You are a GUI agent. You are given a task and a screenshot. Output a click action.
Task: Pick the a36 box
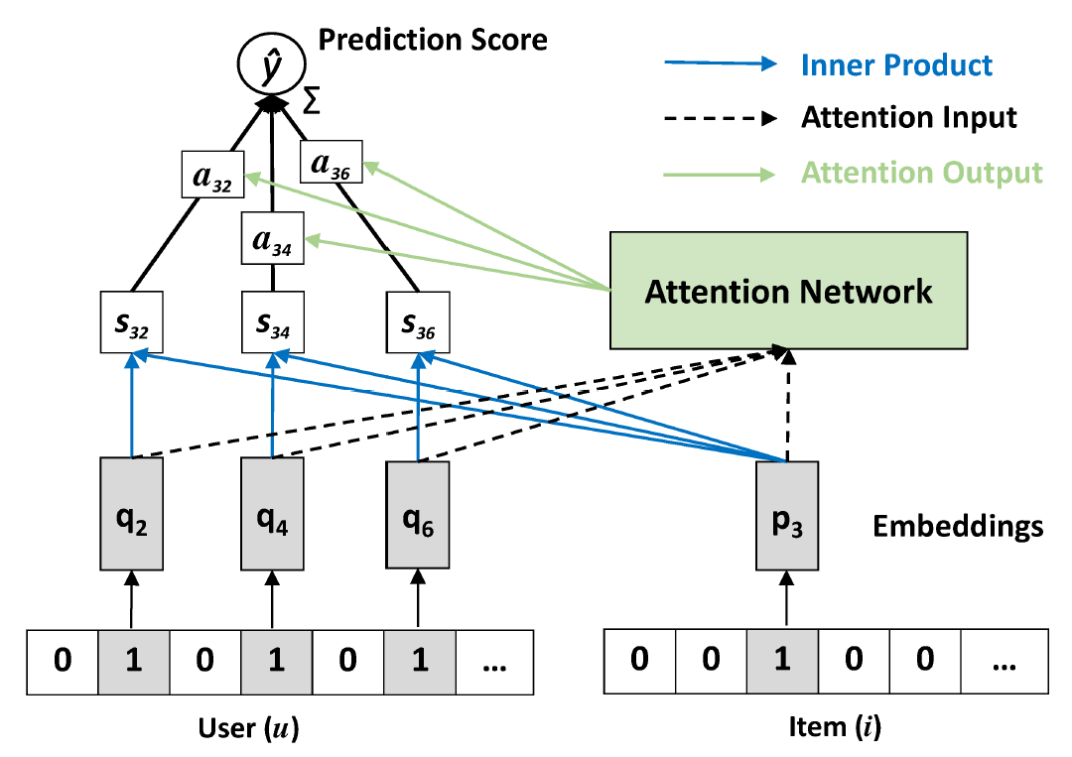(332, 163)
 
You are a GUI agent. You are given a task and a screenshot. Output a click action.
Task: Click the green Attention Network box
(788, 290)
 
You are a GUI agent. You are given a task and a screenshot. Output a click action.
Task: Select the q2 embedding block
(131, 513)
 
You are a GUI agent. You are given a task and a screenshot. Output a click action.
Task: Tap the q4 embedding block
(272, 513)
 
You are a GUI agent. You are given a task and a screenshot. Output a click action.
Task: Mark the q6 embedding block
(417, 513)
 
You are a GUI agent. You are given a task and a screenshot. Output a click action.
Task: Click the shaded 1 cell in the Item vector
(782, 661)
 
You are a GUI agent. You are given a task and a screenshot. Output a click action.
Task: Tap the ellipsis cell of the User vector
(491, 661)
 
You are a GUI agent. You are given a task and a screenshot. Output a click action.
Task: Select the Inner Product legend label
(896, 65)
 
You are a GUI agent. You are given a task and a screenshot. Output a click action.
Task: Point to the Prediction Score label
(432, 40)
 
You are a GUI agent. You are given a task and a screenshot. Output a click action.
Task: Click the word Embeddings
(958, 526)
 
